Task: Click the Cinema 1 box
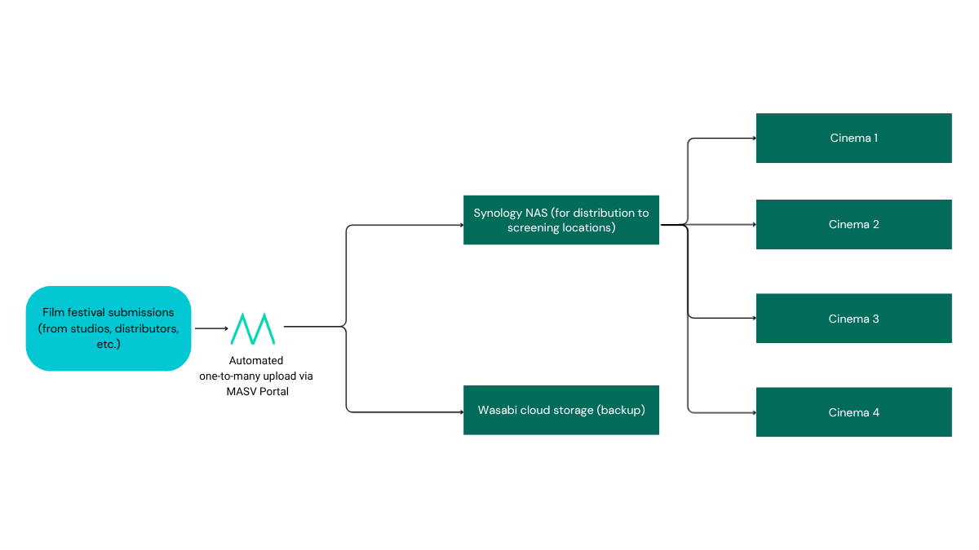click(853, 138)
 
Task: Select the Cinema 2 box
click(853, 224)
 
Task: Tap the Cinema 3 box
click(853, 319)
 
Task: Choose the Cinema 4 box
click(853, 412)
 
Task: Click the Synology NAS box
click(560, 220)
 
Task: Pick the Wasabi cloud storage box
click(560, 410)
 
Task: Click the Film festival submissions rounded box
click(109, 328)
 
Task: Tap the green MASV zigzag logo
click(253, 328)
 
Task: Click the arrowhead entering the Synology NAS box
click(460, 225)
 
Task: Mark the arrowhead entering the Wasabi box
click(460, 412)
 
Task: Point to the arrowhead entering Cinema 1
click(753, 139)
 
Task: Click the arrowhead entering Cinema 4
click(753, 412)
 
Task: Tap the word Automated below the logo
click(256, 360)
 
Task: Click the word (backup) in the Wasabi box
click(621, 410)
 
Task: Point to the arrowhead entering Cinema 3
click(753, 319)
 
